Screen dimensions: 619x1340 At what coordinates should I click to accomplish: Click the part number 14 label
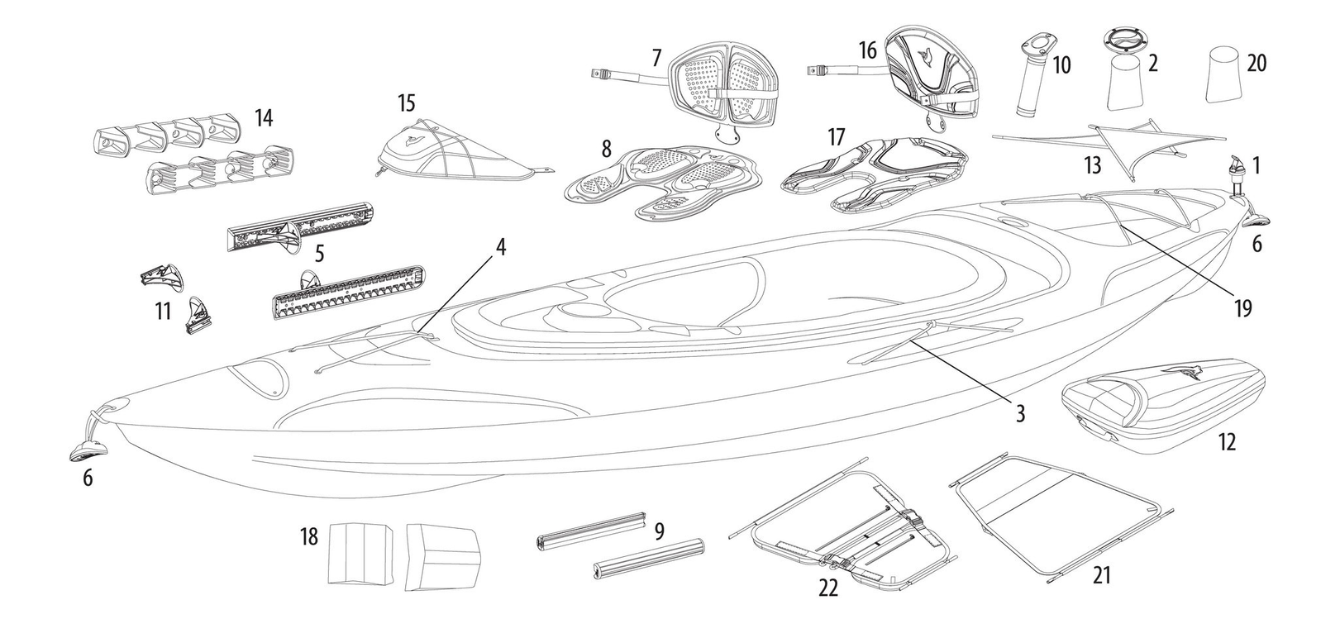click(263, 118)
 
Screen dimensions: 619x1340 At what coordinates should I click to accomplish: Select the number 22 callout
click(827, 588)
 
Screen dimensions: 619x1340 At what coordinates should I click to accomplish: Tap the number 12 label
click(1227, 442)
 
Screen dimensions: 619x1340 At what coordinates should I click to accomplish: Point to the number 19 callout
click(1242, 308)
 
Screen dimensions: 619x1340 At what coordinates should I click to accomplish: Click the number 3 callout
click(1020, 412)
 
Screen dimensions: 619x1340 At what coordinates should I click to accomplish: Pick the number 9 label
click(659, 531)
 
